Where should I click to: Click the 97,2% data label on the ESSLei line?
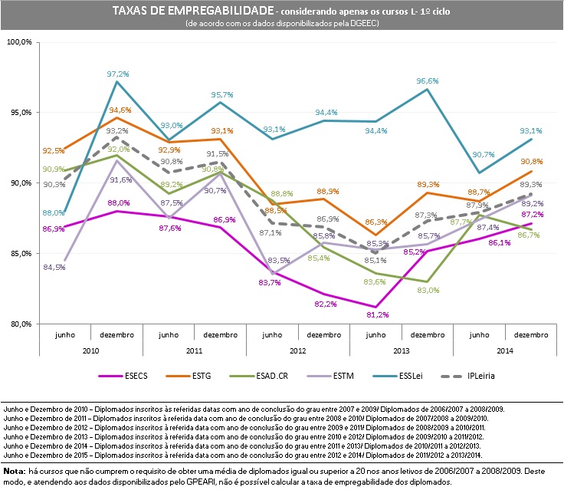click(117, 74)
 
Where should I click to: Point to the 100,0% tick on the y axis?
click(19, 41)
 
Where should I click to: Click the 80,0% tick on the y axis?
click(19, 324)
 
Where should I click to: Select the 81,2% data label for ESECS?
click(375, 315)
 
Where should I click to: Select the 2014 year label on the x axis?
click(506, 350)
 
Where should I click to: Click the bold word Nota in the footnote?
click(15, 469)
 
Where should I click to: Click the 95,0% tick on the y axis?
click(19, 112)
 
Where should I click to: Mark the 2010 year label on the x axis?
click(92, 350)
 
